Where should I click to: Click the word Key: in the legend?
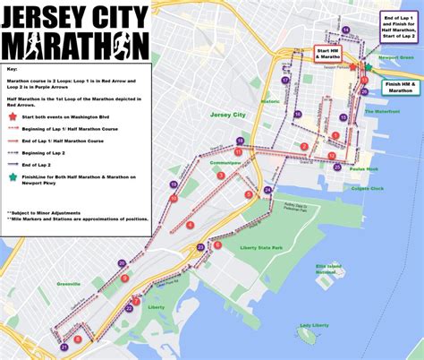(12, 69)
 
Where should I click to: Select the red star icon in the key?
(13, 116)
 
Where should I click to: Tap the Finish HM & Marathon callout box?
(399, 87)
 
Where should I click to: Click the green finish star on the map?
(368, 67)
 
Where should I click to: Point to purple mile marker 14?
(345, 30)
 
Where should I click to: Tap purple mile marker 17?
(285, 80)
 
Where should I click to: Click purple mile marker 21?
(64, 347)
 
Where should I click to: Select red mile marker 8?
(79, 339)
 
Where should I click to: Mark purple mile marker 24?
(267, 191)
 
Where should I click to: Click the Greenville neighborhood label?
(68, 284)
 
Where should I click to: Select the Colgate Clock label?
(366, 188)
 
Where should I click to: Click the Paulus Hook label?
(365, 167)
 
